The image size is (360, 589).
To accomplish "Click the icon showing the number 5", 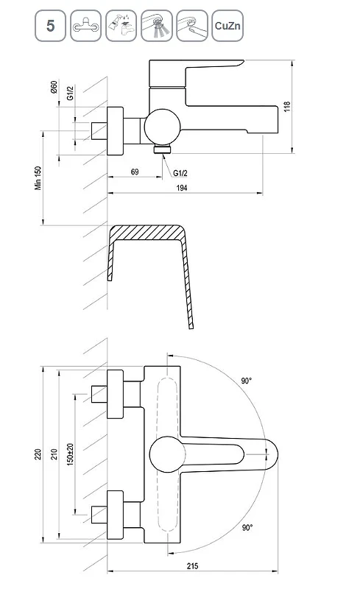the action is [x=50, y=26].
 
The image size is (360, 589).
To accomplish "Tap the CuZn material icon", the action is [x=227, y=26].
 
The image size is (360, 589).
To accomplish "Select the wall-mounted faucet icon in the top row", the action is [x=85, y=26].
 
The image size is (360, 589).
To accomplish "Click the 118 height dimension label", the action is [x=287, y=106].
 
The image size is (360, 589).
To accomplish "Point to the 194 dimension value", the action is [x=182, y=188].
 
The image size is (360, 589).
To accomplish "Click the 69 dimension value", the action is [x=135, y=172].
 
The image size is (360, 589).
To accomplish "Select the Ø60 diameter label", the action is [x=54, y=87].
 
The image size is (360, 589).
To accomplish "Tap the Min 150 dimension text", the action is [x=38, y=178].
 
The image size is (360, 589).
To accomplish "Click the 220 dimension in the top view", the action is [x=38, y=454].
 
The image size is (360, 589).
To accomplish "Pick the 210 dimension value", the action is [x=54, y=454].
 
